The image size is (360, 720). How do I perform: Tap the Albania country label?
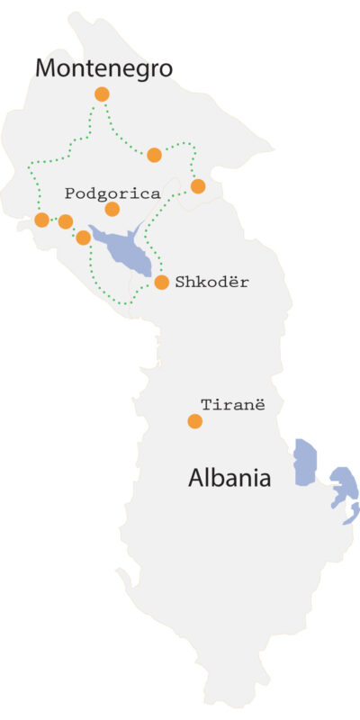[229, 478]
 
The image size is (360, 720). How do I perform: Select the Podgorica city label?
[112, 193]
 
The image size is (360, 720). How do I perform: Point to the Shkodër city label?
[213, 283]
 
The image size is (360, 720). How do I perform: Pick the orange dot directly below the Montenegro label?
[102, 94]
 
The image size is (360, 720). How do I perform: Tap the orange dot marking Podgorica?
[112, 209]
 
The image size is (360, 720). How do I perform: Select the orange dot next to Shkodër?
[162, 282]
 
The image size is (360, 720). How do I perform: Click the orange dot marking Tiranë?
[194, 420]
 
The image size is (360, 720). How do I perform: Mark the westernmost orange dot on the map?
[41, 220]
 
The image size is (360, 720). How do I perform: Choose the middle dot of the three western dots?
[65, 221]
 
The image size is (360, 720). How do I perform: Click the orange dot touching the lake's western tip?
[84, 238]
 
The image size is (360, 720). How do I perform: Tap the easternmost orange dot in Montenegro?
[198, 186]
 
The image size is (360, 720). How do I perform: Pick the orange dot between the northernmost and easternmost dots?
[154, 154]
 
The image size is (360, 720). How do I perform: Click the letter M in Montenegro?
[46, 67]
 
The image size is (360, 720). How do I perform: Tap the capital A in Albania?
[197, 478]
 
